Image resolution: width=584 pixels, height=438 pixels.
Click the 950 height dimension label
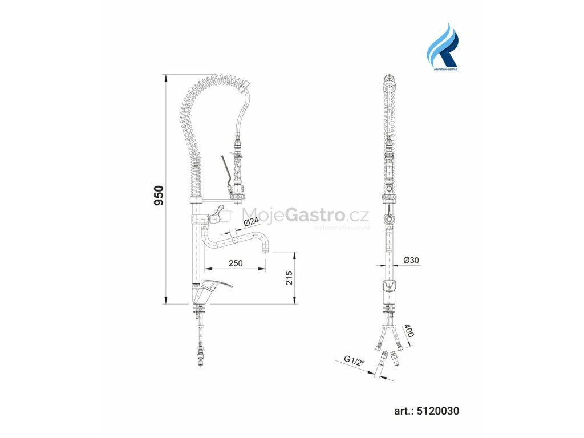pos(160,196)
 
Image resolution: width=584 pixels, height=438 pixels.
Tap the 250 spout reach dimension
pos(236,263)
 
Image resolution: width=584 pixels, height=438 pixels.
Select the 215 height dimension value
pos(289,278)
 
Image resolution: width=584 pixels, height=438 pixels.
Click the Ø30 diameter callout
pos(411,259)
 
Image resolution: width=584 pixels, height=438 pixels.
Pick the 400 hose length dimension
pos(409,331)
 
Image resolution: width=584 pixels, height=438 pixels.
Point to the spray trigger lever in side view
pos(225,170)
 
